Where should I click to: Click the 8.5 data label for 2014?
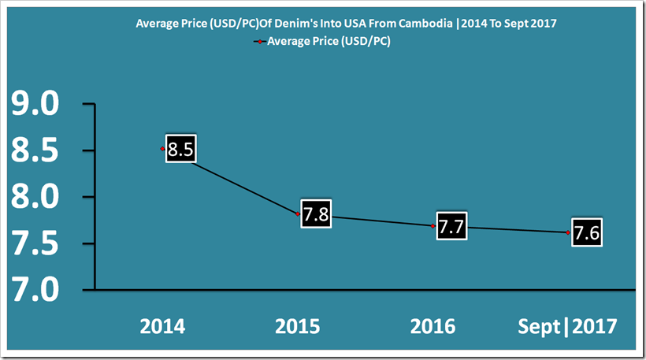click(x=180, y=150)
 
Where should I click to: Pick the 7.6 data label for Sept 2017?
click(x=585, y=234)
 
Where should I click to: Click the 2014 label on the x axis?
click(x=163, y=326)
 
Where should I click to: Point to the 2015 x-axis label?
click(x=298, y=326)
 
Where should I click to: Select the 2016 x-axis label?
click(x=433, y=326)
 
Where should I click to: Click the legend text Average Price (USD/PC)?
click(x=329, y=42)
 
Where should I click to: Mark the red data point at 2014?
click(x=162, y=148)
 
